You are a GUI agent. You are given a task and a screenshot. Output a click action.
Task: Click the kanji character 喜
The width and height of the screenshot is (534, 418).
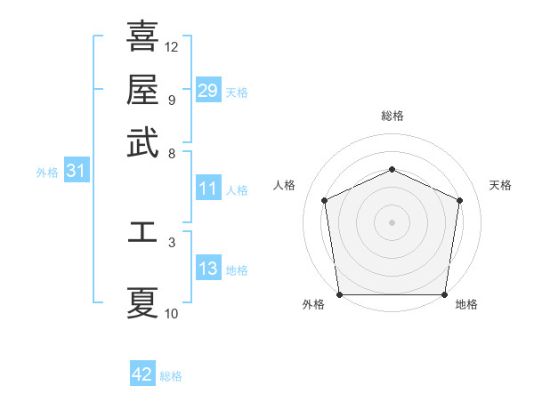click(142, 37)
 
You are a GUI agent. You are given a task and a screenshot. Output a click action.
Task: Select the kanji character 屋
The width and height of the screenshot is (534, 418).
click(142, 89)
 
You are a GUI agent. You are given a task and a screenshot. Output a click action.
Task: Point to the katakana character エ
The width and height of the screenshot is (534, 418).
click(142, 232)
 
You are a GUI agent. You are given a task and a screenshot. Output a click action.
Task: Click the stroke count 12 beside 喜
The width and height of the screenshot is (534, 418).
click(172, 46)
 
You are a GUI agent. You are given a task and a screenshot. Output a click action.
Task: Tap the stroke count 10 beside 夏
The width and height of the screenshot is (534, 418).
click(172, 313)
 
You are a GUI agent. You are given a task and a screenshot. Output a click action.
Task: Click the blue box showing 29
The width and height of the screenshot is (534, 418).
click(208, 91)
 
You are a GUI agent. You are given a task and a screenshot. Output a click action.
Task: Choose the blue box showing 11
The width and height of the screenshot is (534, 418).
click(208, 189)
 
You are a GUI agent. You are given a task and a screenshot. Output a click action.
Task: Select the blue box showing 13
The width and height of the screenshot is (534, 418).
click(208, 269)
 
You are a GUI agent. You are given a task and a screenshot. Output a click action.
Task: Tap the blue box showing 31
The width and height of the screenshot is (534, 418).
click(76, 172)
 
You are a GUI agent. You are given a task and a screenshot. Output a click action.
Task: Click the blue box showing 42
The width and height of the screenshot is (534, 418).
click(142, 374)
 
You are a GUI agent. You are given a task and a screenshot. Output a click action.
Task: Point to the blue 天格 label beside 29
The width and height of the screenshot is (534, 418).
click(237, 92)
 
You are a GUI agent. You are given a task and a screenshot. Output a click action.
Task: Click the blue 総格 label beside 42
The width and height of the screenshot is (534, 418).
click(171, 376)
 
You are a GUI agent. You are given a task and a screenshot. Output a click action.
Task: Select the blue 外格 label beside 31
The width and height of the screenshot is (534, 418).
click(47, 173)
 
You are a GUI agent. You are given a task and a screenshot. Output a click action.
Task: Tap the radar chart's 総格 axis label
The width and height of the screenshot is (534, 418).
click(392, 116)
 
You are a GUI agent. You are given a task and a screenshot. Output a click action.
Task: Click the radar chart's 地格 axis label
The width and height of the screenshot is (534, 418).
click(466, 305)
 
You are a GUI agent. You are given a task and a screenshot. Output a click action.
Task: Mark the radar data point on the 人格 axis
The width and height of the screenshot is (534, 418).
click(325, 200)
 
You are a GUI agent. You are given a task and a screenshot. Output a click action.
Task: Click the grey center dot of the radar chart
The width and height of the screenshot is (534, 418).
click(392, 221)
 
